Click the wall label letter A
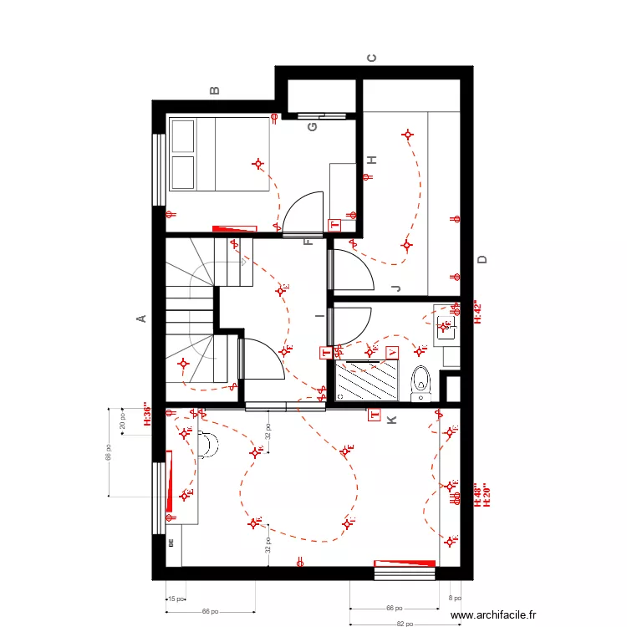coord(141,318)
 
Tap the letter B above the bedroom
coord(215,90)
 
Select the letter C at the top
coord(372,59)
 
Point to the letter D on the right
coord(482,260)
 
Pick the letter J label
coord(395,288)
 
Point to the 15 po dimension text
coord(175,599)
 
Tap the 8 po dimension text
coord(455,599)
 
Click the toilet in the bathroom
coord(421,380)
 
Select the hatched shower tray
coord(368,380)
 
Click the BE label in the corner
coord(171,542)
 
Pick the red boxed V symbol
coord(394,353)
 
